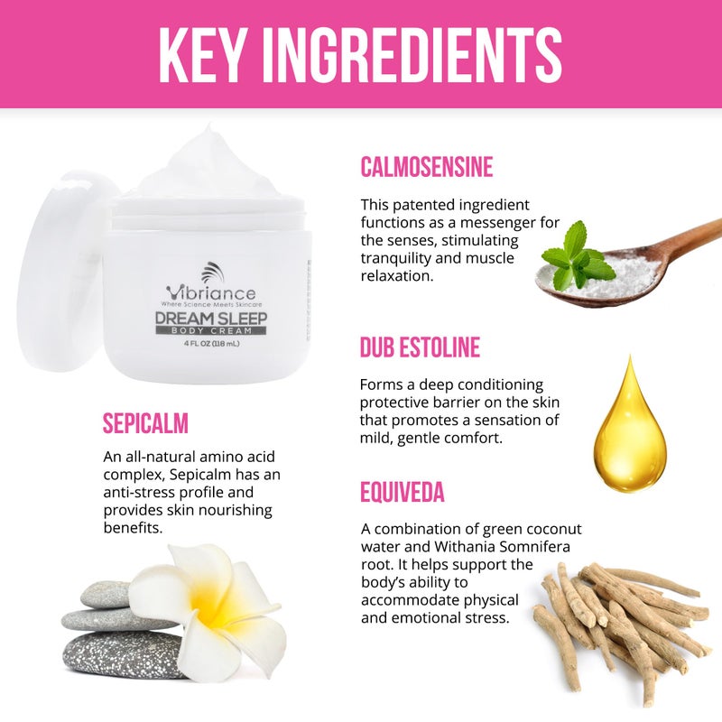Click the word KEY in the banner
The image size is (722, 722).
[200, 54]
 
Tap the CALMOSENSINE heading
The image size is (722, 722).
[426, 167]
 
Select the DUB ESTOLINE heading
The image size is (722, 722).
[420, 347]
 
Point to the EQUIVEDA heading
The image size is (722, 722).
[402, 492]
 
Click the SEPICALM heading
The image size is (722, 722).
[145, 423]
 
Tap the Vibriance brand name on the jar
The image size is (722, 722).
[211, 292]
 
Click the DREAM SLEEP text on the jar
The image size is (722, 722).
[211, 319]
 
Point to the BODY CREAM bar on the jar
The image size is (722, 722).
[211, 330]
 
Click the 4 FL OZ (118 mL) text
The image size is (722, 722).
[211, 343]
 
